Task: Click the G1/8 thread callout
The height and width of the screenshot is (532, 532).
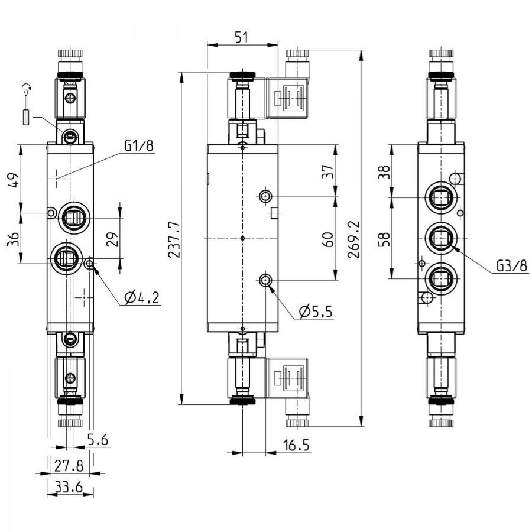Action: [139, 145]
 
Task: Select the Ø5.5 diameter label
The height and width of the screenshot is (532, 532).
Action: [316, 311]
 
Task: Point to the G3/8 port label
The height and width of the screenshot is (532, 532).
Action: [512, 265]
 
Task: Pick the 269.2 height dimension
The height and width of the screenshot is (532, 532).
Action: [354, 239]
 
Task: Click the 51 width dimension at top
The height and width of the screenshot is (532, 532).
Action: [242, 37]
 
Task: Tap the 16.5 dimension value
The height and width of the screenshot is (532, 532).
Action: [297, 445]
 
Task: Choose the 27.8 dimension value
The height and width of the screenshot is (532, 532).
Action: [69, 466]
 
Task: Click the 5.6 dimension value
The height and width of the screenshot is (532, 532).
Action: [98, 440]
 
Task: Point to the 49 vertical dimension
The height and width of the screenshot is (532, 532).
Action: [13, 180]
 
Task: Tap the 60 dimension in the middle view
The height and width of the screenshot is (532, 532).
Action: [327, 239]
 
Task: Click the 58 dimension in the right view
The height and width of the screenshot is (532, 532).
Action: [384, 239]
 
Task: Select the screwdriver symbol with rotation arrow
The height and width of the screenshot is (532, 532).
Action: [27, 105]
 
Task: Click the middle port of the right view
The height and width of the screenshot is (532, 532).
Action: [440, 238]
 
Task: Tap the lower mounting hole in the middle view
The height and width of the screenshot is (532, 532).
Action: [265, 280]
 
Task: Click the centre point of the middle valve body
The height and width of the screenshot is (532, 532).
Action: [242, 239]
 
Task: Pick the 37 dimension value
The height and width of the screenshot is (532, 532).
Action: [327, 171]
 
